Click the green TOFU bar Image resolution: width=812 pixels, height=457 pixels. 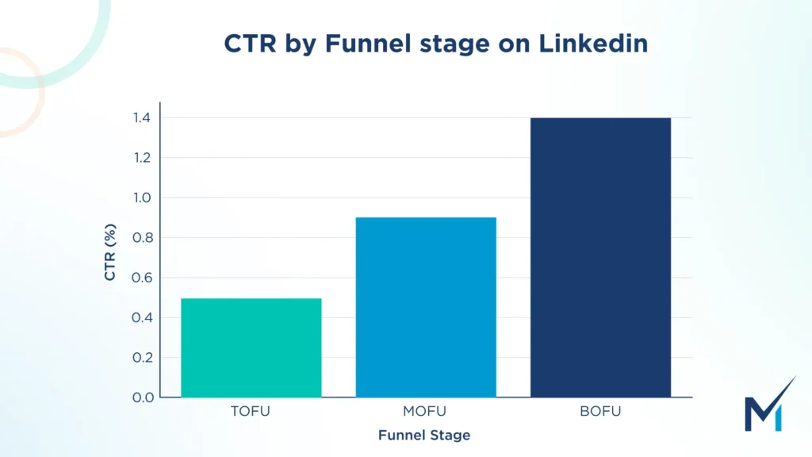[x=251, y=348]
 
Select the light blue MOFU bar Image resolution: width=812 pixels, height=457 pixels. [x=426, y=307]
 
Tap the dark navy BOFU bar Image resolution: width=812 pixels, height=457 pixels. [x=600, y=257]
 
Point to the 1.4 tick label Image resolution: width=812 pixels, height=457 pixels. [x=143, y=118]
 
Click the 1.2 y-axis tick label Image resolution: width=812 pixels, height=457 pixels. [x=143, y=158]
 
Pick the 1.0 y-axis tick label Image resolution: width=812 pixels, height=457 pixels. [x=143, y=198]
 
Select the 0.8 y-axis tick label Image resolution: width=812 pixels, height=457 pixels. [x=143, y=238]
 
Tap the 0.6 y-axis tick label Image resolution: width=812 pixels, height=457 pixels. [x=143, y=278]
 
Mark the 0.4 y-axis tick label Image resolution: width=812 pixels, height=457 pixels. [x=143, y=317]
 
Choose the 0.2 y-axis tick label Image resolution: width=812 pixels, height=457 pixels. [x=143, y=357]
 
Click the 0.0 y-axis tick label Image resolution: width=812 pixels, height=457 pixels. [x=143, y=397]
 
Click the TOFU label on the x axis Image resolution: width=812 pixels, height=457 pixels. [x=251, y=411]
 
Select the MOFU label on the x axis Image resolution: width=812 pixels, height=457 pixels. [x=426, y=411]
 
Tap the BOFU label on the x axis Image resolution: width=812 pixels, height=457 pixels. [x=600, y=411]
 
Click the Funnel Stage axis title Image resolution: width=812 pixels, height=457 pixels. [x=424, y=435]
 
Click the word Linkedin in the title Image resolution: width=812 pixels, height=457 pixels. [x=594, y=44]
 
